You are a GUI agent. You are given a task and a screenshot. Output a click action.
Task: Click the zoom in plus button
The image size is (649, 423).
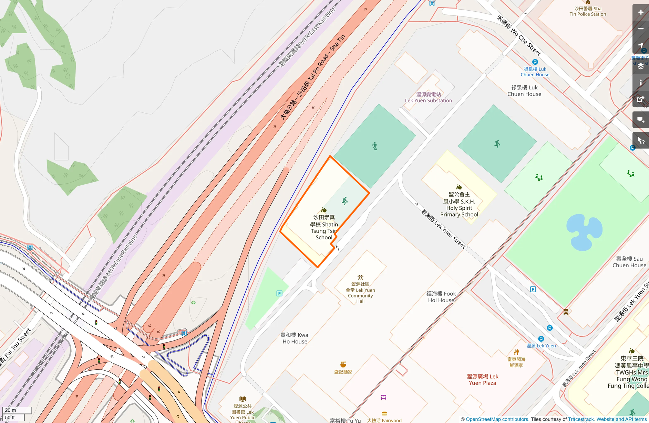coord(640,12)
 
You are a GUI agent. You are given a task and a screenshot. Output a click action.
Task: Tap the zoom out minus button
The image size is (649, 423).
coord(640,29)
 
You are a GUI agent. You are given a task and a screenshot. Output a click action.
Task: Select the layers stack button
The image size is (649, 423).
coord(640,66)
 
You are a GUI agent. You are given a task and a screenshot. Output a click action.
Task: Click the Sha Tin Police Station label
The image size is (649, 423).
coord(588,11)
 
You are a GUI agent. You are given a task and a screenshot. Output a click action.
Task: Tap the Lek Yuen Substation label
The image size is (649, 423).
coord(428,97)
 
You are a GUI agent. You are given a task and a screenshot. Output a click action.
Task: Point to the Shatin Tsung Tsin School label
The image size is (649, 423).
coord(324,227)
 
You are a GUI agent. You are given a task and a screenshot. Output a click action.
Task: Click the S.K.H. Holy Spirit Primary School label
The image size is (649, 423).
coord(459,204)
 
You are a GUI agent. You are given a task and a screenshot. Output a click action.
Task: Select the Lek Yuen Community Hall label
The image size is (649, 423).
coord(360,292)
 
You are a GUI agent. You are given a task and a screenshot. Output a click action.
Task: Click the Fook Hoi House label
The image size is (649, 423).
coord(441,297)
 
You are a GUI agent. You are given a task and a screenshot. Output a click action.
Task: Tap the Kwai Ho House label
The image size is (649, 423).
coord(295,338)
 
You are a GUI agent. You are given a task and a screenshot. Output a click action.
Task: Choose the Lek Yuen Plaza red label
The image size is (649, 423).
coord(482,380)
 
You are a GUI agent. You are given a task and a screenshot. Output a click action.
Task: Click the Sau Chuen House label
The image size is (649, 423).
coord(629,262)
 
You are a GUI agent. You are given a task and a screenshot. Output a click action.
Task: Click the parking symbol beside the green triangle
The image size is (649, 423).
coord(279,293)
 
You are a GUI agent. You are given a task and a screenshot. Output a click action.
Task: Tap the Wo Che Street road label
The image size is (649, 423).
coord(519,36)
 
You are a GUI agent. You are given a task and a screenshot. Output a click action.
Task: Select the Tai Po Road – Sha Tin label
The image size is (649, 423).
coord(312,78)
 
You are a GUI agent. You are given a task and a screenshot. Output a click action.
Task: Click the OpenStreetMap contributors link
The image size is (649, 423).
coord(497,419)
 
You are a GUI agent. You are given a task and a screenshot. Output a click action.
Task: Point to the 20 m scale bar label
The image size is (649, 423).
coord(11,410)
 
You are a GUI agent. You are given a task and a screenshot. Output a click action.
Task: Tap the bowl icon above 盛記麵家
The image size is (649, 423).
coord(343,364)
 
